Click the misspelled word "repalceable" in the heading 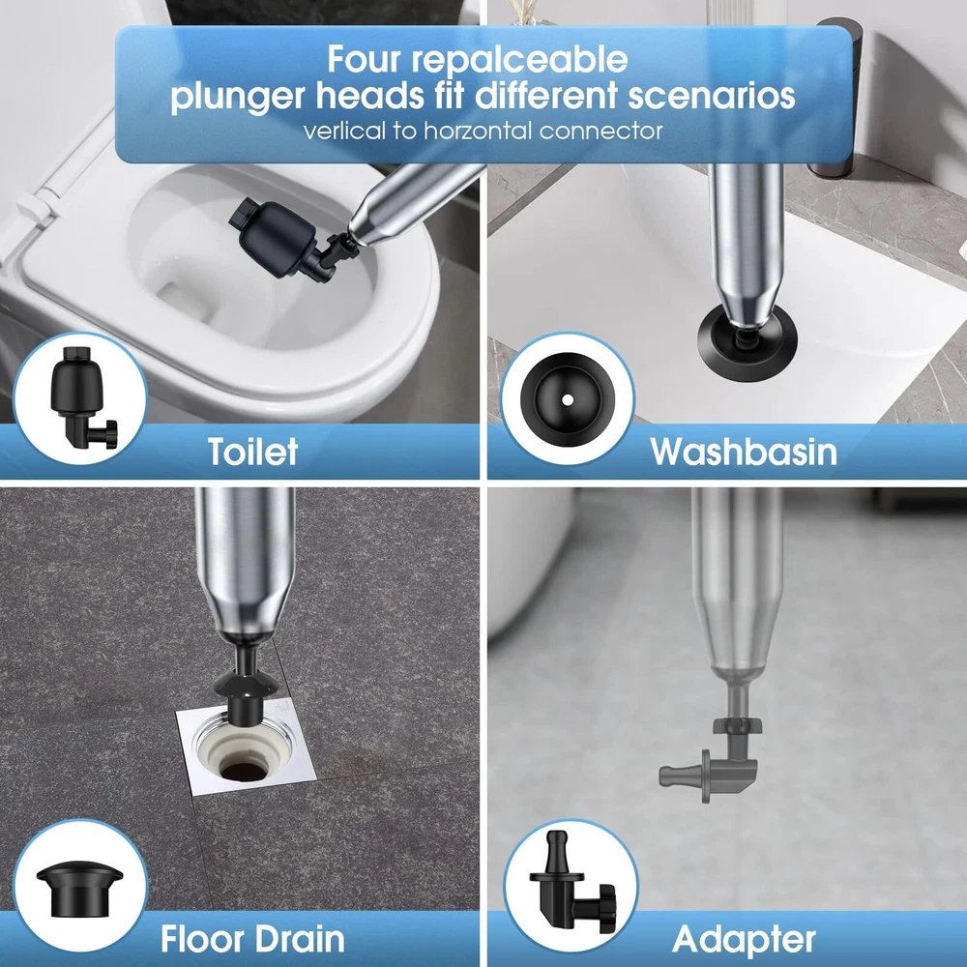coord(519,60)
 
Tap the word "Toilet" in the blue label coord(252,452)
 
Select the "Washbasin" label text coord(744,452)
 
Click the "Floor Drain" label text coord(252,939)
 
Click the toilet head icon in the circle coord(82,396)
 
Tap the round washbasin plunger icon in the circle coord(568,399)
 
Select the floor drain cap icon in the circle coord(79,890)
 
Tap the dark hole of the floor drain coord(243,771)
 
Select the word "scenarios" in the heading coord(712,96)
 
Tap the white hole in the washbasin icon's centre coord(568,400)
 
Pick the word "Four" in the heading coord(365,60)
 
